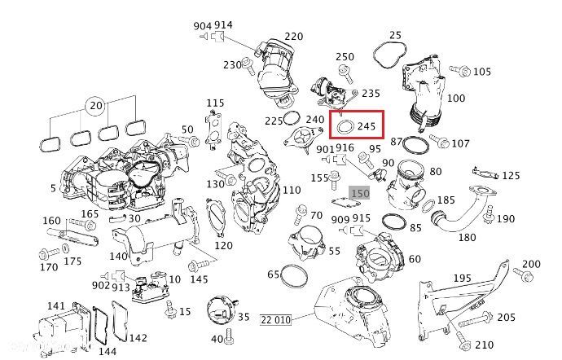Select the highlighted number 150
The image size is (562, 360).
(x=360, y=193)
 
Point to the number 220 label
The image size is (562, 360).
(x=293, y=37)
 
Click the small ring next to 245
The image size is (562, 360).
(x=345, y=127)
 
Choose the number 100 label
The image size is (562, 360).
(x=456, y=99)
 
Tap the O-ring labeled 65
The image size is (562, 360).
(x=295, y=276)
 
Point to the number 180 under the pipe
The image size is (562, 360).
(x=467, y=237)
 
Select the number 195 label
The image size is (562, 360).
(x=485, y=279)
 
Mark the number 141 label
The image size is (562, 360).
(x=55, y=306)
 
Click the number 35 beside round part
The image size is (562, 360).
(x=243, y=317)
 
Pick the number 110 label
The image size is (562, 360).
(x=291, y=190)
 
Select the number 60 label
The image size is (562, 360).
(x=415, y=259)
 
